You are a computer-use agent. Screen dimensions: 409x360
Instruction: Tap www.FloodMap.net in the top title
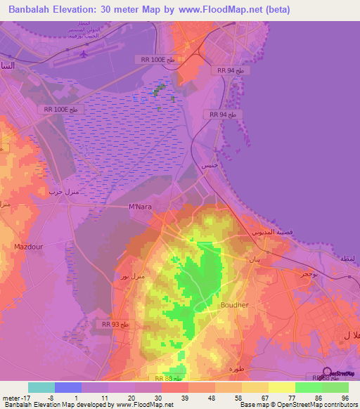click(216, 10)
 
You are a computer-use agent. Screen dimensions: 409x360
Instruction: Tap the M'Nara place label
click(141, 206)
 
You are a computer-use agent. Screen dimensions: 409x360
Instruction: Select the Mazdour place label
click(28, 247)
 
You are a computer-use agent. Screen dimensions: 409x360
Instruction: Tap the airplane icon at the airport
click(85, 53)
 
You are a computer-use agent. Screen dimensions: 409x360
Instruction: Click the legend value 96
click(345, 397)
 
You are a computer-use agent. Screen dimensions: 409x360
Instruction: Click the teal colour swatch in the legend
click(41, 387)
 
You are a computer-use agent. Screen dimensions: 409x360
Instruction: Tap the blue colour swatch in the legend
click(68, 387)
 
